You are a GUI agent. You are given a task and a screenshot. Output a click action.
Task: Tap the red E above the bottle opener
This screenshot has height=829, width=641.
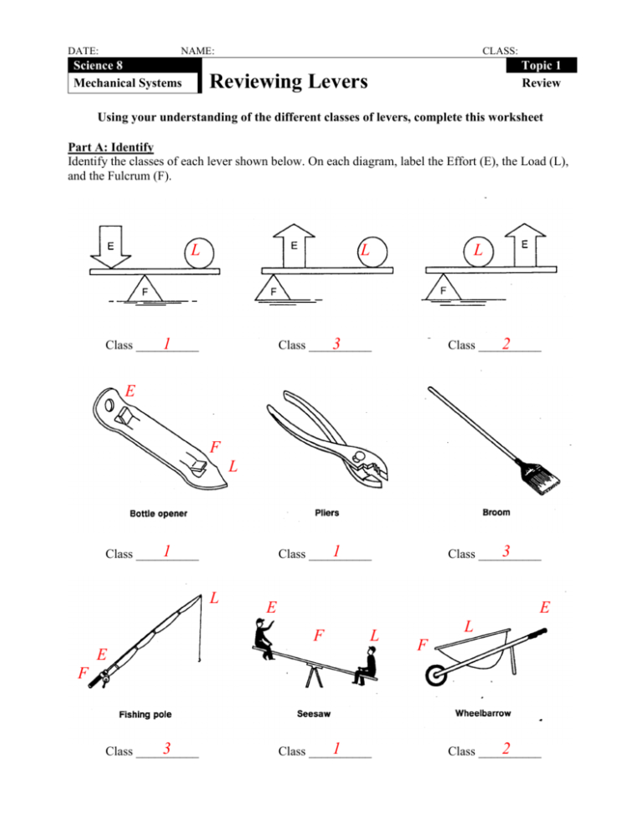[x=130, y=390]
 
